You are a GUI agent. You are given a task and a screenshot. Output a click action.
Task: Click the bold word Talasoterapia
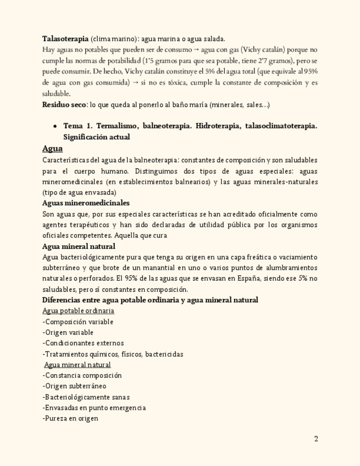[65, 38]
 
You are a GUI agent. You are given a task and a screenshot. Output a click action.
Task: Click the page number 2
[316, 439]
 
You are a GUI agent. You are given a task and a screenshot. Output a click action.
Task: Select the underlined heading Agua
[52, 148]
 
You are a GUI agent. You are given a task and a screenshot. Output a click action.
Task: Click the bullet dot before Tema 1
[55, 126]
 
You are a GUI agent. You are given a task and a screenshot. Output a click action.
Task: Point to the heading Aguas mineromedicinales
[86, 203]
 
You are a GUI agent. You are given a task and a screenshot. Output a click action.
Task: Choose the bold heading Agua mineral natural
[79, 246]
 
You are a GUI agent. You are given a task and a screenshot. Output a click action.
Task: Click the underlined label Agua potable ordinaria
[78, 310]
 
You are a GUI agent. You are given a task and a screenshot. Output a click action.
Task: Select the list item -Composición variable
[77, 321]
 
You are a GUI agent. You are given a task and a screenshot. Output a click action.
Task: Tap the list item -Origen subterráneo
[74, 386]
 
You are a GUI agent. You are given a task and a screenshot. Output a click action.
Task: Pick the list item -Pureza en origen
[70, 418]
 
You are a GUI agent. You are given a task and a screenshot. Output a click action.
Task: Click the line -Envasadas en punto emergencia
[94, 408]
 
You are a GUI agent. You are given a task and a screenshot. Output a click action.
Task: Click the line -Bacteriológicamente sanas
[86, 397]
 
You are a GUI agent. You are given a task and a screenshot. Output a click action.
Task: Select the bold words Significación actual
[97, 137]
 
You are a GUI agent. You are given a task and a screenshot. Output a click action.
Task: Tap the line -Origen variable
[68, 332]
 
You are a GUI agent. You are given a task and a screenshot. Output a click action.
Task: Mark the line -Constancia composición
[82, 375]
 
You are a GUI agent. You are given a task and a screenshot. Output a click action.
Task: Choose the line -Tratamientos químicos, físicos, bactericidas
[113, 354]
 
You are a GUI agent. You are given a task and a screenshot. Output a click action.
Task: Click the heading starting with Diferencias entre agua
[150, 300]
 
